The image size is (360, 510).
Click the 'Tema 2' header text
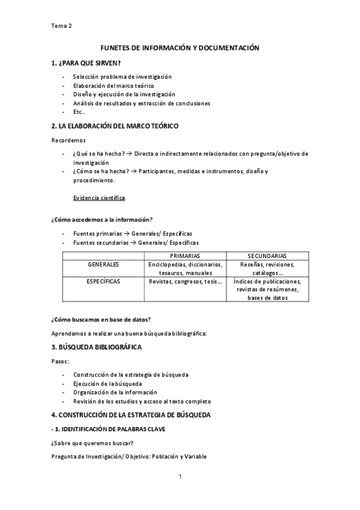(x=62, y=25)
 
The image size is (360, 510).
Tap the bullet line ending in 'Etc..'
(x=79, y=112)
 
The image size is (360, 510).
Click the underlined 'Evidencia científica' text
(x=99, y=198)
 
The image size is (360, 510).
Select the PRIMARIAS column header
(x=186, y=256)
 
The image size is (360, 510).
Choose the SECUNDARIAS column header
(x=266, y=256)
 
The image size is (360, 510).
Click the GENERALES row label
(x=103, y=265)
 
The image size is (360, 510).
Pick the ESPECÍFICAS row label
(x=103, y=281)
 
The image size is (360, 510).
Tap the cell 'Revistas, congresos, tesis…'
(x=186, y=281)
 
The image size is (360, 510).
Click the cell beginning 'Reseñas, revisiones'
(x=266, y=268)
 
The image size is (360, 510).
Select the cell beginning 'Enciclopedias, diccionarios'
(x=186, y=268)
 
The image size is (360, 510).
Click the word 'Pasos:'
(x=60, y=362)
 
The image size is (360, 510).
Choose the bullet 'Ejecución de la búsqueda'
(x=108, y=383)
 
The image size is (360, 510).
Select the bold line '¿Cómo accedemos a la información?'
(x=102, y=220)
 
